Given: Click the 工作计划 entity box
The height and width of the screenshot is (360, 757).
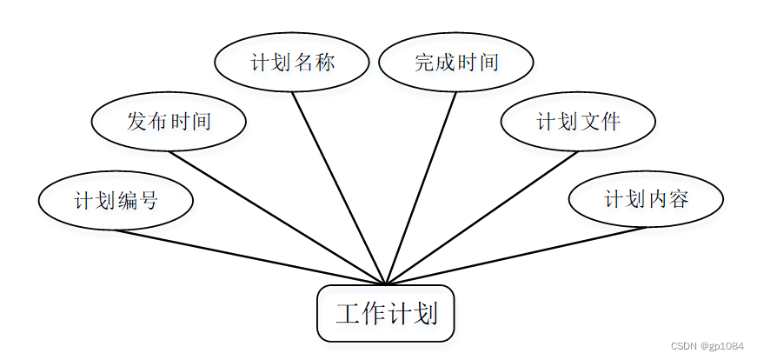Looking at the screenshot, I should pos(385,313).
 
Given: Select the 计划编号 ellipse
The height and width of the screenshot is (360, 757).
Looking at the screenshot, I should pos(116,201).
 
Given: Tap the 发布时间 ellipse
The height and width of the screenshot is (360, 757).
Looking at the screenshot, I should pos(169,122).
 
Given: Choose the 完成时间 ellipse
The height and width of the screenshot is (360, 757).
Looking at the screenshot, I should pos(456,63).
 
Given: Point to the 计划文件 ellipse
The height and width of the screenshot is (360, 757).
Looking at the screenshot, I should pos(578,122).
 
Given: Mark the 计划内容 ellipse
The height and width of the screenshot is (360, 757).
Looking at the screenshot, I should pos(646,199).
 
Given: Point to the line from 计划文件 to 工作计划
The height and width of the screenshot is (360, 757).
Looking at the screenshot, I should pos(481,218).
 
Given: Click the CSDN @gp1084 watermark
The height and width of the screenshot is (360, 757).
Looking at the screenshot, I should pos(709,345).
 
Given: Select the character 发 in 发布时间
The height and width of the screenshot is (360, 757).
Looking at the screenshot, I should pos(136,122).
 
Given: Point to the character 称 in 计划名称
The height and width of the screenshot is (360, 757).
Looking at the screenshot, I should pos(324,63).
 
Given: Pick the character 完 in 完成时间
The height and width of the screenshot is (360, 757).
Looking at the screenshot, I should pos(424,63).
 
